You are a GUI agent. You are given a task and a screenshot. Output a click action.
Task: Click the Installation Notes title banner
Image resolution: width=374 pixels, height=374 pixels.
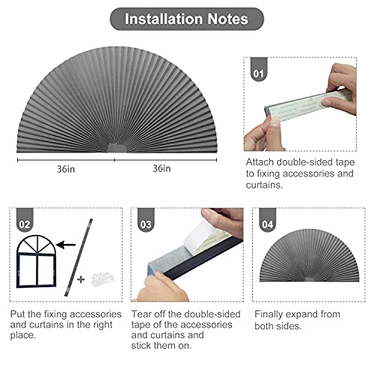click(187, 18)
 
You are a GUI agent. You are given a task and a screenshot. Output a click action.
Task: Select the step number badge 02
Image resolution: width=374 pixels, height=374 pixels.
click(25, 222)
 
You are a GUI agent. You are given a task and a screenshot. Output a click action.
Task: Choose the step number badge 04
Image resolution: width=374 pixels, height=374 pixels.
click(267, 222)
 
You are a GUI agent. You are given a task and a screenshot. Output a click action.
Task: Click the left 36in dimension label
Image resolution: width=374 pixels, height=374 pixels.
click(65, 168)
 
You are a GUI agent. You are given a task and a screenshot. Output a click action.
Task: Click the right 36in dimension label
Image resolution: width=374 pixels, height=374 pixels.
click(162, 168)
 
